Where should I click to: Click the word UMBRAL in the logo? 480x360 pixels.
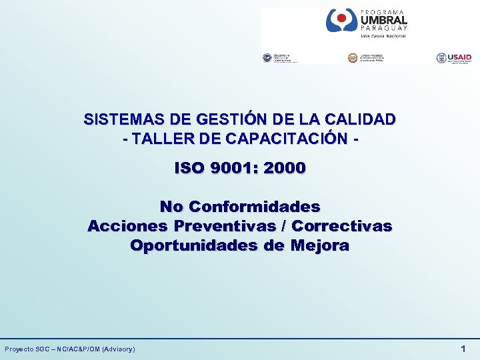click(383, 20)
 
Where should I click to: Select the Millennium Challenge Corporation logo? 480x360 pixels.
click(280, 58)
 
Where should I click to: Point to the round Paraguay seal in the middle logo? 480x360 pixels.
click(352, 58)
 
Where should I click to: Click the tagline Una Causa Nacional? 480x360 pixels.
click(383, 36)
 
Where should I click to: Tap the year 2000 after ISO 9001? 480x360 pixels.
click(285, 168)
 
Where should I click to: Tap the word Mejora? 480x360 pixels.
click(319, 245)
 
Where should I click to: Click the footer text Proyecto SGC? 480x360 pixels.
click(30, 349)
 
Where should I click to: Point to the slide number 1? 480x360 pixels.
click(463, 349)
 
